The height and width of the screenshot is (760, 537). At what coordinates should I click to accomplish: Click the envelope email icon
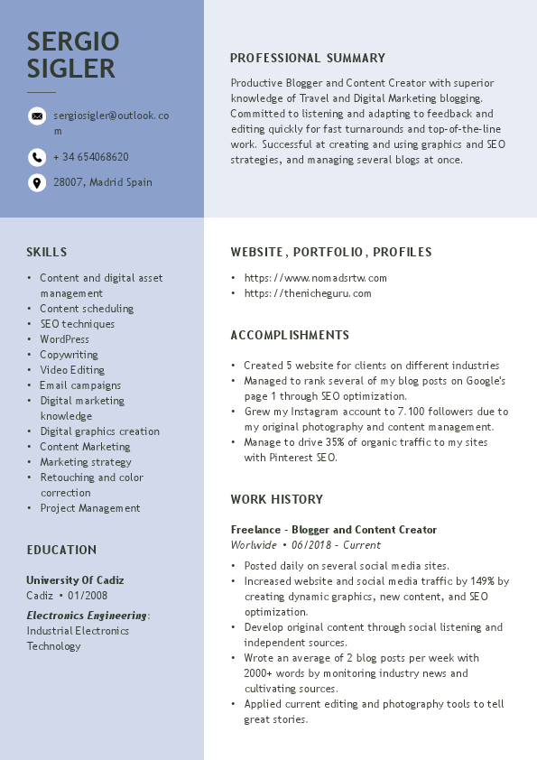[37, 116]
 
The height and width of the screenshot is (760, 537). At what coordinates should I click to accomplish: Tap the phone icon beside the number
[37, 157]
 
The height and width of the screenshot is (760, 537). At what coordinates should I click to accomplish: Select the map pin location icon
[37, 182]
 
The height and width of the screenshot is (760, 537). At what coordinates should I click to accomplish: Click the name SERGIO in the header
[73, 41]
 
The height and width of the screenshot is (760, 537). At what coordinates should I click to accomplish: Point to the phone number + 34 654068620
[90, 157]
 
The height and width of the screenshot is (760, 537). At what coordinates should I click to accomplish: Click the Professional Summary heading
[308, 58]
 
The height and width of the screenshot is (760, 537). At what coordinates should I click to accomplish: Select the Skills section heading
[47, 252]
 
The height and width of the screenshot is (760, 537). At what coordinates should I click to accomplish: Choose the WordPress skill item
[64, 339]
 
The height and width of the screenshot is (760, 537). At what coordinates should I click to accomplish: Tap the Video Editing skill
[72, 370]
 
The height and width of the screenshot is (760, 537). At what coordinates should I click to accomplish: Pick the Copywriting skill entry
[69, 355]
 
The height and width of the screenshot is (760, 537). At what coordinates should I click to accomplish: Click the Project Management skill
[90, 508]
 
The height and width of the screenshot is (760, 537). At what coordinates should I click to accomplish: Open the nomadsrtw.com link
[316, 278]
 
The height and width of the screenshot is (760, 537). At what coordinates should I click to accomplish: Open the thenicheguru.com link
[308, 293]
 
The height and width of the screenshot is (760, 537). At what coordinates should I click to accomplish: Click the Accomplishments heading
[290, 335]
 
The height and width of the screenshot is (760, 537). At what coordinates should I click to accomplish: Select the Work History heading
[276, 499]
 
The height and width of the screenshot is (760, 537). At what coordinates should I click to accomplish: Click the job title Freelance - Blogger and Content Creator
[334, 530]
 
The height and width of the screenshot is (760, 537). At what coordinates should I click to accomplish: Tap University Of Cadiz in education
[75, 580]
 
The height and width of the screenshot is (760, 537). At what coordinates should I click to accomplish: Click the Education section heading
[61, 550]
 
